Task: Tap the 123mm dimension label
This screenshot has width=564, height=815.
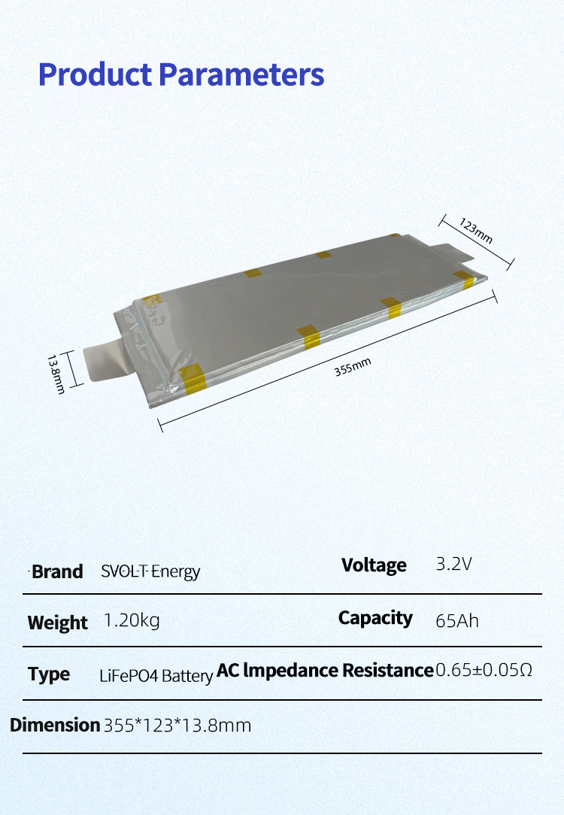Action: pyautogui.click(x=476, y=229)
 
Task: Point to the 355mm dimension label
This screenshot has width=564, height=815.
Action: pyautogui.click(x=353, y=368)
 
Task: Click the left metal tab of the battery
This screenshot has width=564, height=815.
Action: pyautogui.click(x=110, y=361)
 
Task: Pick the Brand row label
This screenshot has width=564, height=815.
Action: pyautogui.click(x=57, y=571)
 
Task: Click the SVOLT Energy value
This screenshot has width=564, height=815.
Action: pyautogui.click(x=150, y=571)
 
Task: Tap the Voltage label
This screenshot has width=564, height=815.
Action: pyautogui.click(x=374, y=565)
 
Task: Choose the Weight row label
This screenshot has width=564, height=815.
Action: pyautogui.click(x=57, y=623)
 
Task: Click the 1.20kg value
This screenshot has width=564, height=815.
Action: pyautogui.click(x=132, y=621)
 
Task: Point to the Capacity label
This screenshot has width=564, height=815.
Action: pyautogui.click(x=375, y=618)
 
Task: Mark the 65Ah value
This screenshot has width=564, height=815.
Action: pyautogui.click(x=457, y=622)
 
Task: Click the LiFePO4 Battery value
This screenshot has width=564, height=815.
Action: pyautogui.click(x=156, y=676)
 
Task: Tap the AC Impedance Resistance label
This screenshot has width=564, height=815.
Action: pyautogui.click(x=325, y=671)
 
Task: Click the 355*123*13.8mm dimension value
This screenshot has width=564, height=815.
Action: pyautogui.click(x=177, y=726)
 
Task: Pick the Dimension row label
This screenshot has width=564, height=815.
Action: pyautogui.click(x=55, y=726)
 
